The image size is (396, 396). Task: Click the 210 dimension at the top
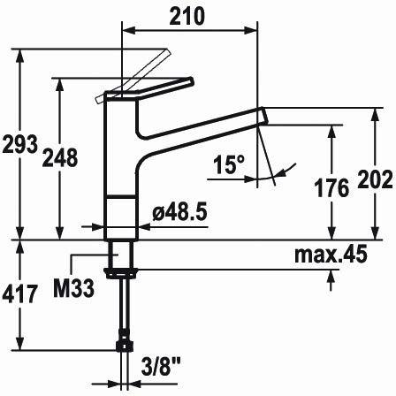[187, 16]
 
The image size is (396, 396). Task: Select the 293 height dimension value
[20, 144]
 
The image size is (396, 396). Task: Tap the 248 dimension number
[60, 157]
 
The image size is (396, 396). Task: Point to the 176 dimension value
[331, 188]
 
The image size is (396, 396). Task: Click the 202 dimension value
[375, 179]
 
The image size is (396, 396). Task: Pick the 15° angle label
[229, 164]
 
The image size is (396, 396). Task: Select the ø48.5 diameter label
[179, 211]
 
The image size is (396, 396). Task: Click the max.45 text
[331, 254]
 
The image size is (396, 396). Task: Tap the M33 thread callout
[73, 288]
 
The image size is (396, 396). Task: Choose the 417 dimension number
[20, 293]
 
